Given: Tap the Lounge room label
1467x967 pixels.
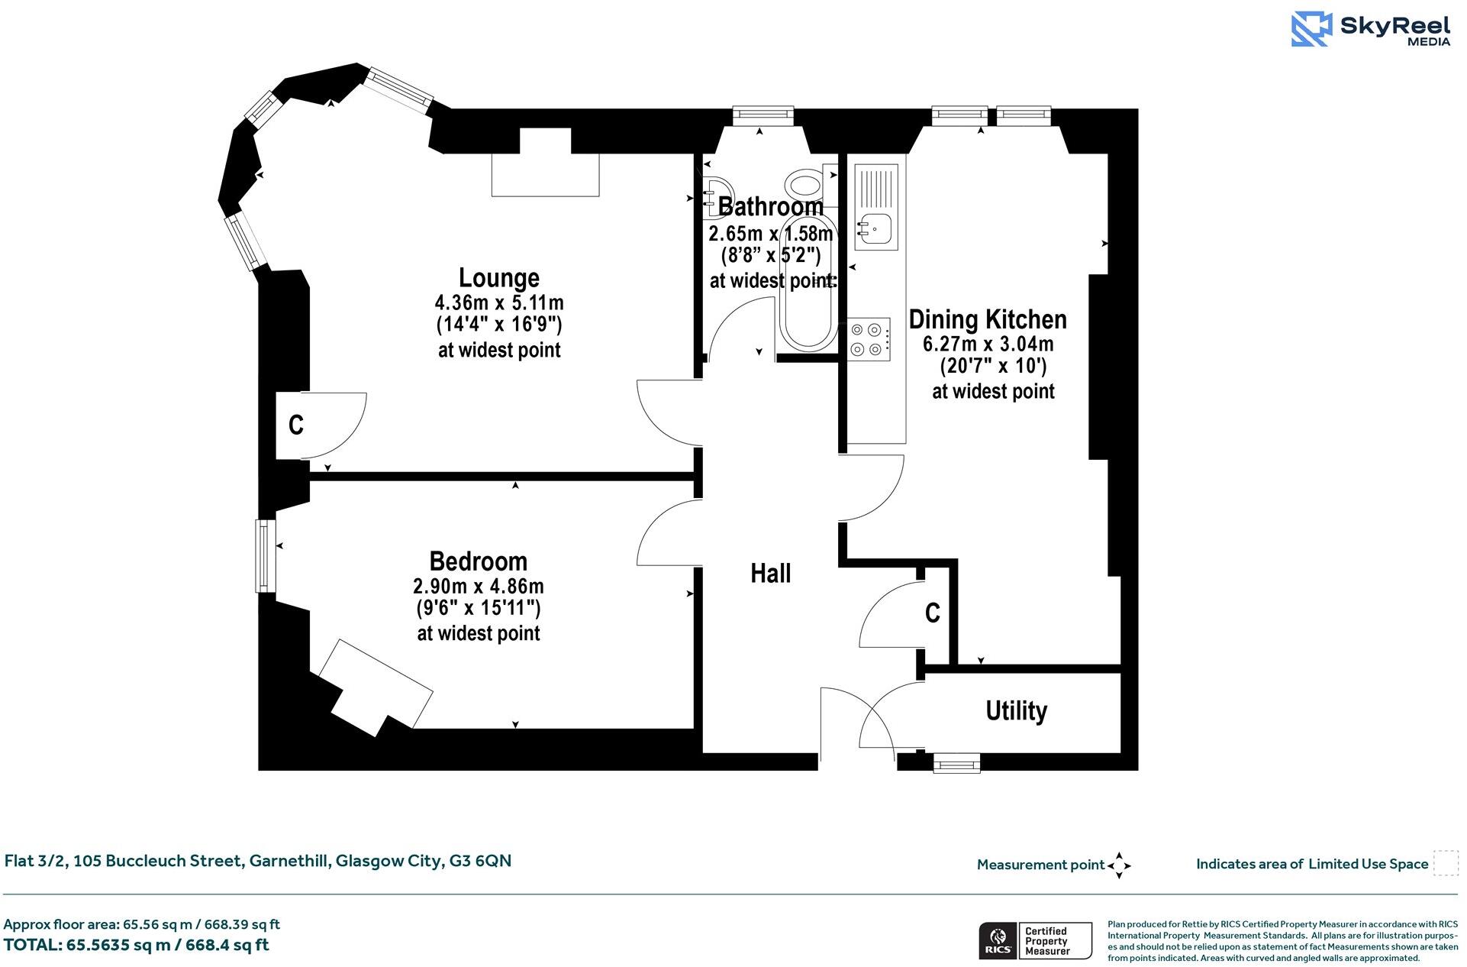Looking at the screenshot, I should click(x=498, y=277).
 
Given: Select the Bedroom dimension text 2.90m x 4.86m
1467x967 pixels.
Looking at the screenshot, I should click(x=479, y=586).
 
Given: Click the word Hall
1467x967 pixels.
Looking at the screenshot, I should click(x=770, y=573).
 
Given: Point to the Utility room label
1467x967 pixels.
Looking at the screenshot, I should click(x=1016, y=710).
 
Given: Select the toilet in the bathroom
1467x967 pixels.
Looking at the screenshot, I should click(x=804, y=183).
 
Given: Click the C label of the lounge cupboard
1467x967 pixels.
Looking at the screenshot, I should click(x=296, y=425).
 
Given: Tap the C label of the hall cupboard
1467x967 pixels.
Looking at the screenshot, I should click(x=932, y=613).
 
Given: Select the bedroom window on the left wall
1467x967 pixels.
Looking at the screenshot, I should click(x=265, y=555).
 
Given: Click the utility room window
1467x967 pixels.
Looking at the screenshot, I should click(x=956, y=762).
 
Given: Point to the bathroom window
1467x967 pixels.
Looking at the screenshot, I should click(x=763, y=115).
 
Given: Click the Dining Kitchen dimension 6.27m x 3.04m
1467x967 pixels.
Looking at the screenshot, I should click(x=988, y=344).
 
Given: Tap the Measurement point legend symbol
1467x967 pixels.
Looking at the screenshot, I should click(x=1118, y=865).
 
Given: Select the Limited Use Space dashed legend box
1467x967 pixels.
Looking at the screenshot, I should click(x=1445, y=863).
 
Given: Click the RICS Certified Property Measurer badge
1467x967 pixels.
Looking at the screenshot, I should click(x=1035, y=941).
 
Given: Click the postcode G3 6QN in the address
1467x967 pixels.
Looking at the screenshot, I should click(x=480, y=861).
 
